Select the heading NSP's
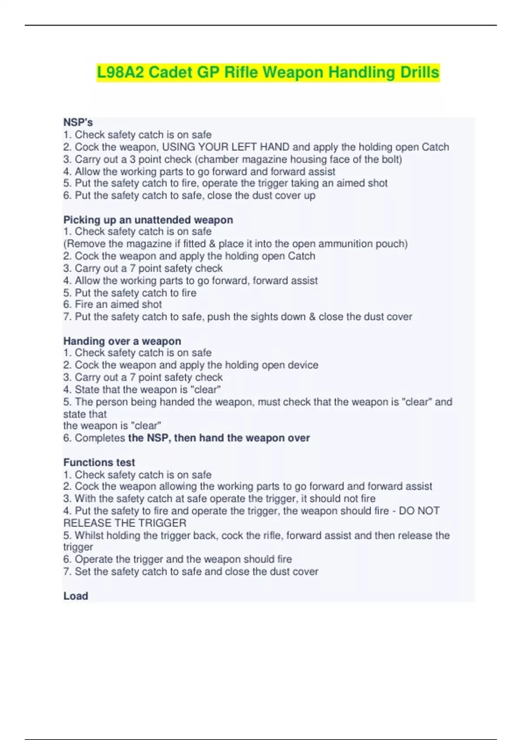point(78,122)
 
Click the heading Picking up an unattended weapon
point(148,220)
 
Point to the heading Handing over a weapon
point(122,341)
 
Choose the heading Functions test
point(99,462)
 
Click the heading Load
point(76,596)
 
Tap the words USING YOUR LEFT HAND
point(225,147)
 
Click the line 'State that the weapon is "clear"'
point(142,390)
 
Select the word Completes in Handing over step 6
point(100,438)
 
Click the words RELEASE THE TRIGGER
point(125,523)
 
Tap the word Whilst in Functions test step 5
point(88,535)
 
